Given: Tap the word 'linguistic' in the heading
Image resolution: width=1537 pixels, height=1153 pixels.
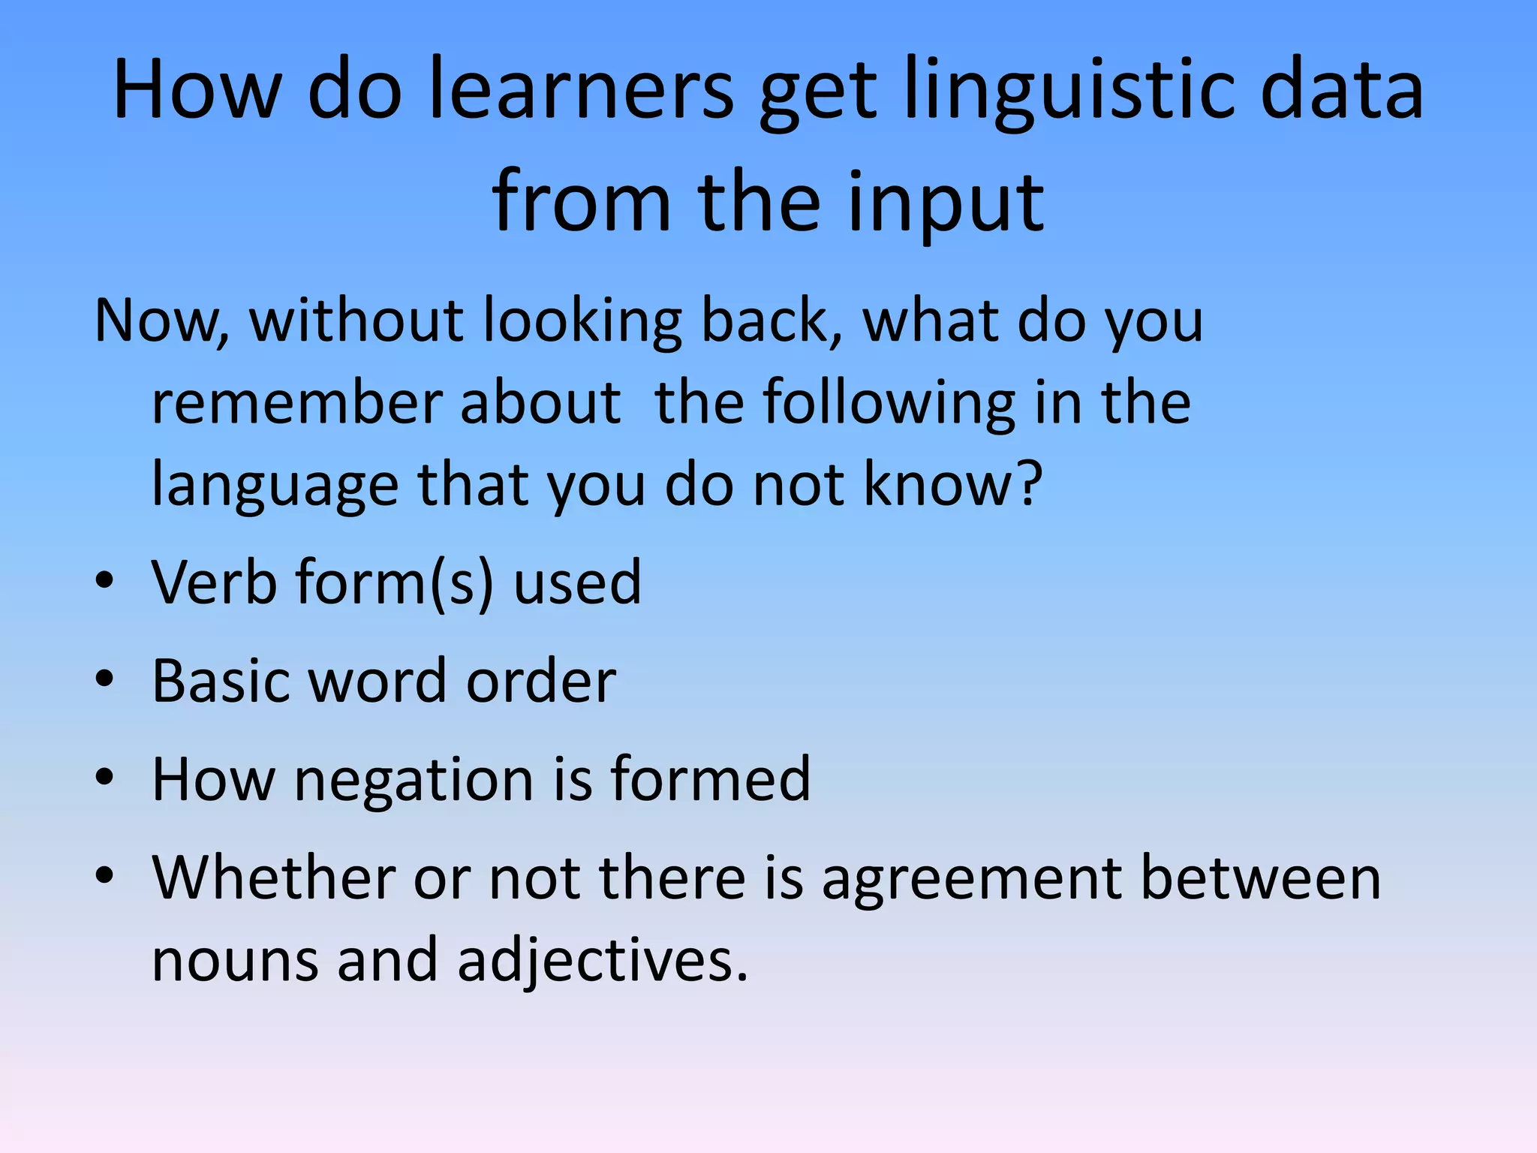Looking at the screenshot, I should [x=1069, y=90].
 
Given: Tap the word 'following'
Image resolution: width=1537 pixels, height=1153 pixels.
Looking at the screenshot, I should [x=889, y=403].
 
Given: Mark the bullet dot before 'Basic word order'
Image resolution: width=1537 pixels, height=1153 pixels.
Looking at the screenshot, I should [x=104, y=679].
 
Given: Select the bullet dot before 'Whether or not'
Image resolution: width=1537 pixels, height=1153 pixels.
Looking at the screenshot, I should [x=104, y=875].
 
